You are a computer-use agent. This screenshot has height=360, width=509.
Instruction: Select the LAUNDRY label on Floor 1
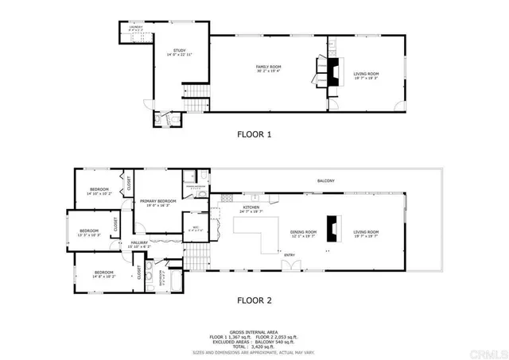tap(137, 28)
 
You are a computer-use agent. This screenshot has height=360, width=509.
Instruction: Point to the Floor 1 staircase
tap(195, 105)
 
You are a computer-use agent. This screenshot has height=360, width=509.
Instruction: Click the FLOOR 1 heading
tap(254, 134)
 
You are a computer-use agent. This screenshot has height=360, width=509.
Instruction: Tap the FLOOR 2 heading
tap(254, 301)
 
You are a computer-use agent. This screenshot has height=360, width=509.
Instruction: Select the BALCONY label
tap(325, 181)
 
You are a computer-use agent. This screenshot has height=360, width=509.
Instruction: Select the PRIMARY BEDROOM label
tap(158, 203)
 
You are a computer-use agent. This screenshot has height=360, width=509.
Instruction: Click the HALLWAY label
tap(139, 245)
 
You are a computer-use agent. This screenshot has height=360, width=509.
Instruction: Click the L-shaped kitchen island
tap(253, 234)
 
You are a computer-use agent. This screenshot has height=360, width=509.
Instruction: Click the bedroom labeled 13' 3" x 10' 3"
tap(88, 232)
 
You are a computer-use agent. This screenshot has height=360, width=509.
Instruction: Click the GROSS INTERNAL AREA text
tap(254, 332)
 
